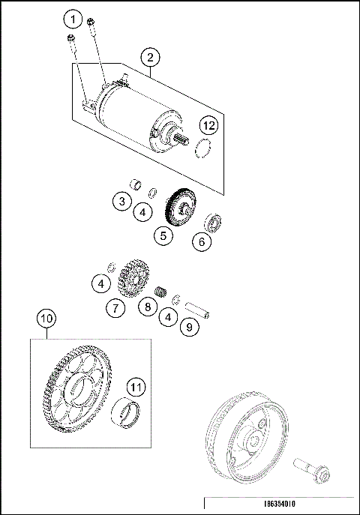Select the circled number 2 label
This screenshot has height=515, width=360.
tap(150, 57)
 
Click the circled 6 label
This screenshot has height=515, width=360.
tap(201, 241)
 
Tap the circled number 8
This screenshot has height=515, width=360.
tap(148, 307)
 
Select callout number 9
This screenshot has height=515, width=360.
tap(190, 327)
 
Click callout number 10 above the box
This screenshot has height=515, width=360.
tap(46, 319)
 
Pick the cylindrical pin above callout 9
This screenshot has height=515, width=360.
tap(201, 308)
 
